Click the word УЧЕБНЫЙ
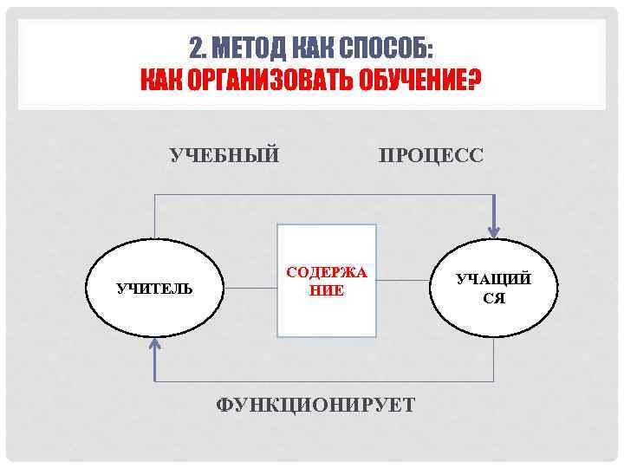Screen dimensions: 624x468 [x=224, y=155]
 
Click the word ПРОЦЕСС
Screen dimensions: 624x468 [x=431, y=155]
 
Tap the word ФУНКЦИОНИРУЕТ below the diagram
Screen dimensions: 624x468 [x=315, y=405]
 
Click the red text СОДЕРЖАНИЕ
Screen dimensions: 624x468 [x=327, y=282]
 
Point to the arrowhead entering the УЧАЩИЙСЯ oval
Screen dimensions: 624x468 [x=494, y=230]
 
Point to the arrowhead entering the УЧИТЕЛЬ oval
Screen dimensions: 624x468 [x=155, y=346]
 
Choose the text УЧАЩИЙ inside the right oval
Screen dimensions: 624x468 [x=494, y=279]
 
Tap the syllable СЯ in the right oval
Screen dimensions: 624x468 [x=494, y=299]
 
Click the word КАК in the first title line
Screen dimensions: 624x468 [x=313, y=47]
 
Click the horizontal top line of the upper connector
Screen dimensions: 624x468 [x=321, y=195]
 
